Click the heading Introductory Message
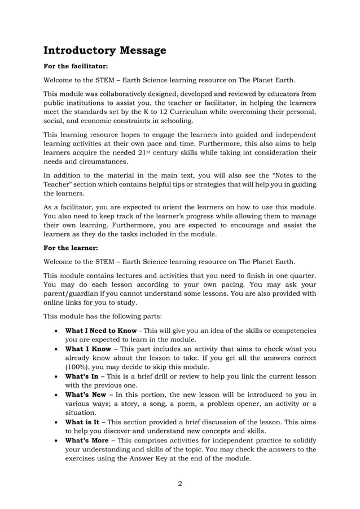(x=105, y=51)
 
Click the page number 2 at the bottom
(x=180, y=482)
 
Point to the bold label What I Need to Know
(x=101, y=330)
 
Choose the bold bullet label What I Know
(x=88, y=349)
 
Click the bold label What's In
(x=85, y=376)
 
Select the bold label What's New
(x=87, y=394)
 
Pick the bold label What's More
(x=87, y=440)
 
